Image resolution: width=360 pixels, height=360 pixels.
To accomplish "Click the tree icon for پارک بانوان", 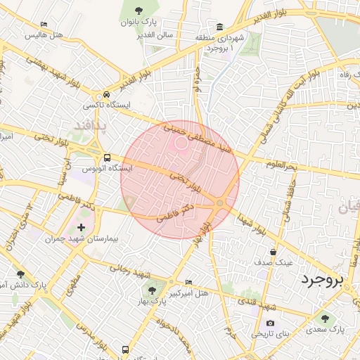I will click(139, 11).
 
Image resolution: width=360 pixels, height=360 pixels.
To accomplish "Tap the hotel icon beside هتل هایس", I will click(44, 24).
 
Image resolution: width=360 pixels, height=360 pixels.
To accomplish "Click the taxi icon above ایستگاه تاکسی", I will click(106, 94).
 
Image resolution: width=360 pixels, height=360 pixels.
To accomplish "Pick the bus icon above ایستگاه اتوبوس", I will click(108, 157).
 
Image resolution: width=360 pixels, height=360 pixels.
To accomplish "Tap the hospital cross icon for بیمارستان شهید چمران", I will click(82, 227).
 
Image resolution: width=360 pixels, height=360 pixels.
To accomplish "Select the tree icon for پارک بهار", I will click(151, 288).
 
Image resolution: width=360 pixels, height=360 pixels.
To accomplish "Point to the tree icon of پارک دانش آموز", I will click(20, 274).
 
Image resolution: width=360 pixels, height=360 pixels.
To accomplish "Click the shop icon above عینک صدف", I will click(273, 251).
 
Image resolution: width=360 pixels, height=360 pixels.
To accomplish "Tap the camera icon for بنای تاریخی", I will click(271, 323).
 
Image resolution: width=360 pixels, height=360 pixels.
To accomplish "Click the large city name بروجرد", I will click(324, 281).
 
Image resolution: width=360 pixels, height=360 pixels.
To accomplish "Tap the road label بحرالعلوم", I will click(282, 165).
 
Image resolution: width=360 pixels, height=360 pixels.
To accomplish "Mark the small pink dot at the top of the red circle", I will click(181, 143).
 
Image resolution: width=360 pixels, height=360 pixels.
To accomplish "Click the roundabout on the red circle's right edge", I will click(220, 202).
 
